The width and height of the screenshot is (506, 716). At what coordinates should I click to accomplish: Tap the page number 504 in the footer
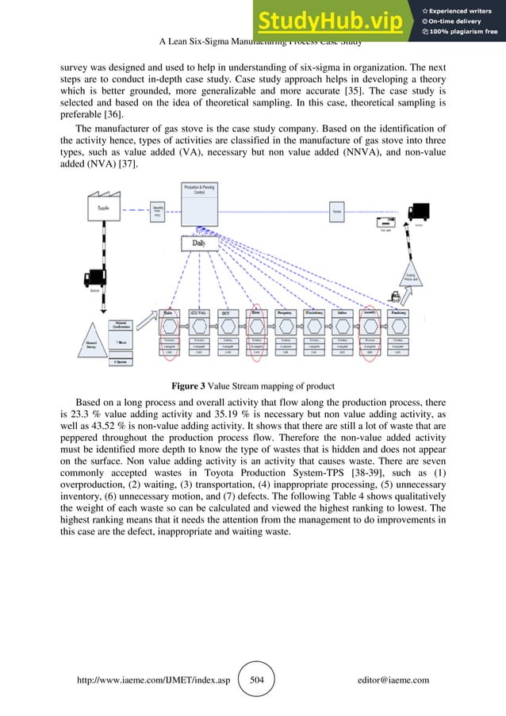click(x=256, y=680)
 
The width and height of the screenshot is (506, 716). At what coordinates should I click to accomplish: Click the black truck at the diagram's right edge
click(x=419, y=212)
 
